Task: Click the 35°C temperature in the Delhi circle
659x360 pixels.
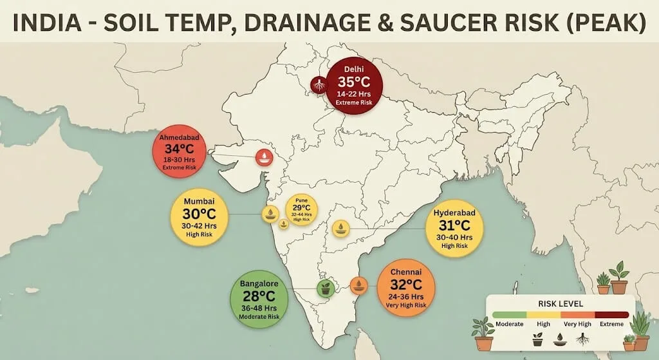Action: coord(353,82)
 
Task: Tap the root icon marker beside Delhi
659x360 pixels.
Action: coord(317,84)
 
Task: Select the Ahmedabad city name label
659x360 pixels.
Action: coord(181,138)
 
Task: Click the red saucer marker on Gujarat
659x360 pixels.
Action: coord(263,156)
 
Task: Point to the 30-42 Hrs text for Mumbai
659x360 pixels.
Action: coord(200,227)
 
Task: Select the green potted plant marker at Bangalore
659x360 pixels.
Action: coord(326,289)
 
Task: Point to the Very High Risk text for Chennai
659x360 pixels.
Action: coord(405,307)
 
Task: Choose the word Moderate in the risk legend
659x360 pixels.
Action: coord(508,325)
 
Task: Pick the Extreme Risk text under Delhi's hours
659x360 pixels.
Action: coord(353,102)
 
